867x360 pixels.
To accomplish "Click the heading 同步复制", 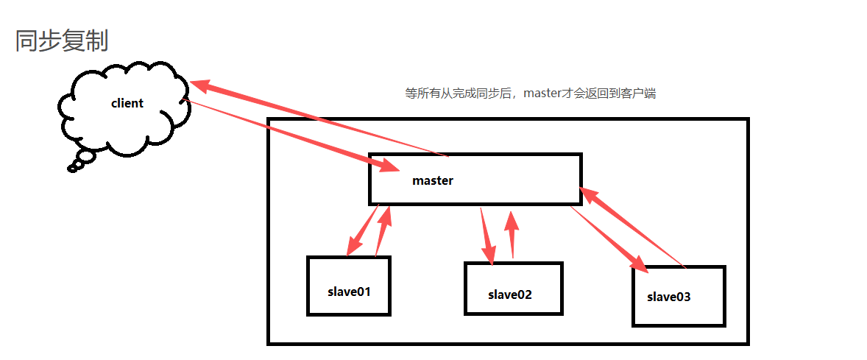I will pyautogui.click(x=62, y=41).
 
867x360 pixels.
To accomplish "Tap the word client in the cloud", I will pyautogui.click(x=127, y=103).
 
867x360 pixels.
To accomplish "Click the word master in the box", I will pyautogui.click(x=433, y=180).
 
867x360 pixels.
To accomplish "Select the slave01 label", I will pyautogui.click(x=349, y=291).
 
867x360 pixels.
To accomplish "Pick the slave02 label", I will pyautogui.click(x=509, y=294).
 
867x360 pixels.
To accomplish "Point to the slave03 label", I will pyautogui.click(x=669, y=297).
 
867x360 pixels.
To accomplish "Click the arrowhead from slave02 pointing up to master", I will pyautogui.click(x=512, y=219).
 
